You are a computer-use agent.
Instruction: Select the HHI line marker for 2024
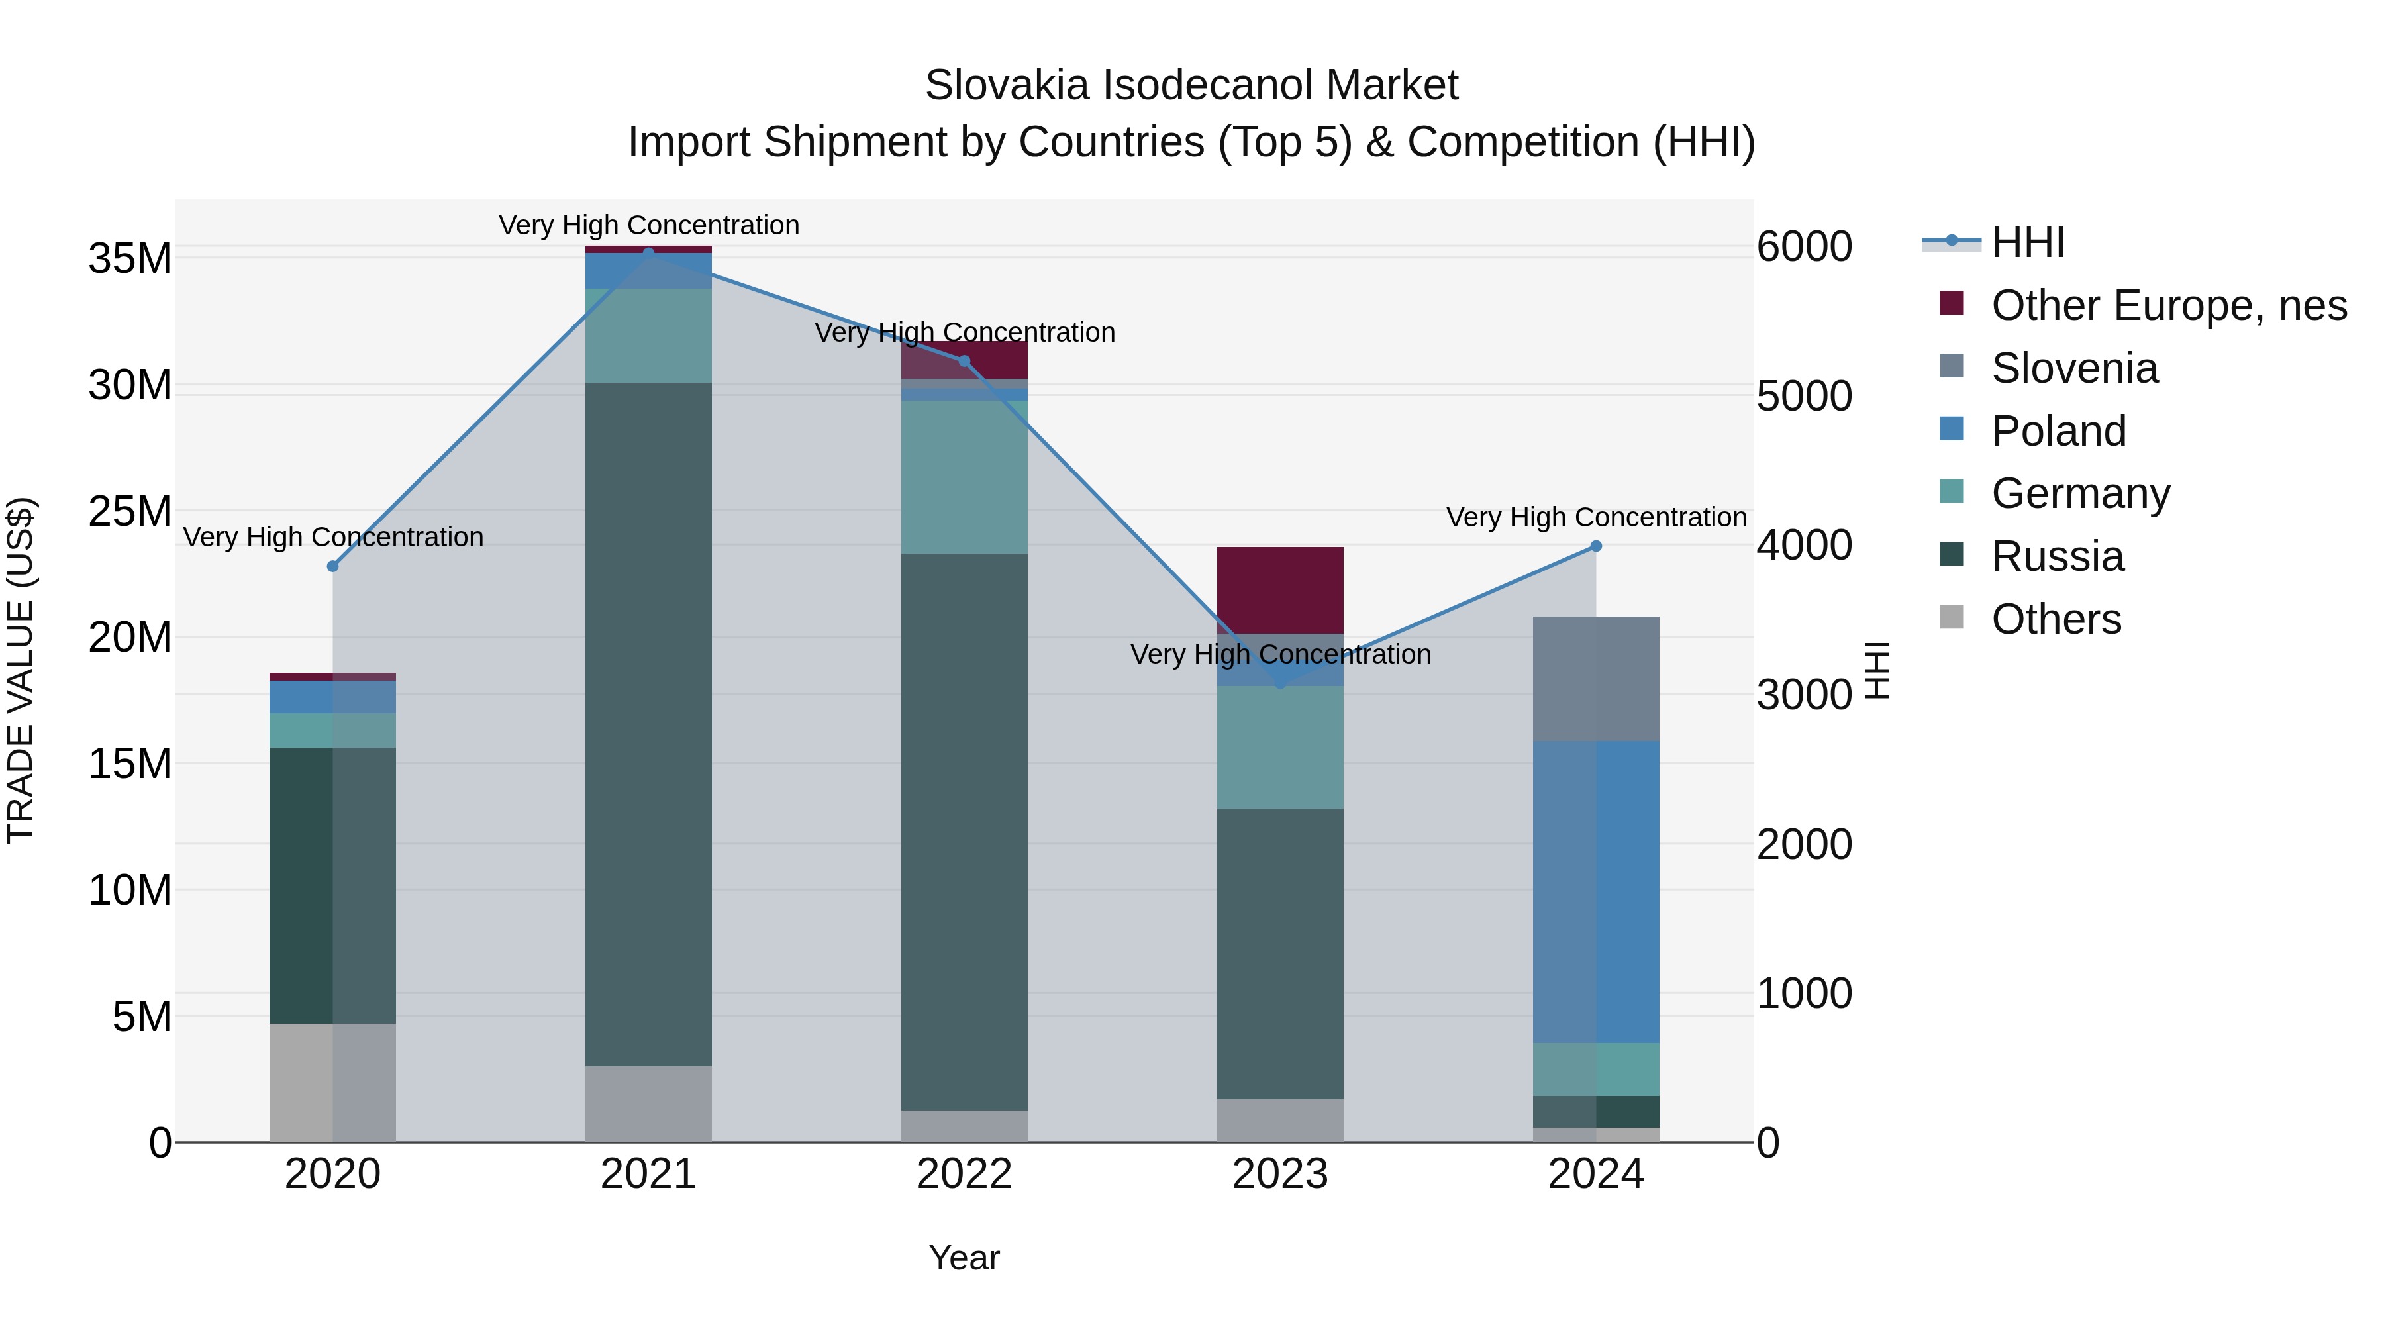coord(1595,546)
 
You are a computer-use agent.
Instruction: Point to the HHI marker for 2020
coord(333,566)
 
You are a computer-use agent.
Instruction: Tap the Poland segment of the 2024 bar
coord(1595,891)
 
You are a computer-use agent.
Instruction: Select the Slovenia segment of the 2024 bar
coord(1595,678)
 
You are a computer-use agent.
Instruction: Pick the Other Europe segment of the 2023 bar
coord(1280,589)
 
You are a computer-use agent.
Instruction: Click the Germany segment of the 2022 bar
coord(964,477)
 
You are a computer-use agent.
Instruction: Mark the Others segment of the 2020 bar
coord(333,1082)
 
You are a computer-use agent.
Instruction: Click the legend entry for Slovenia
coord(2074,368)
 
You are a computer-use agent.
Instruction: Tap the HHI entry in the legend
coord(2027,242)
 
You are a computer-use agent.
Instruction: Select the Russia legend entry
coord(2058,556)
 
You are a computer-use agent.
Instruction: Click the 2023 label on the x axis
coord(1280,1174)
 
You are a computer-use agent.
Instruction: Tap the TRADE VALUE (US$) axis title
coord(21,670)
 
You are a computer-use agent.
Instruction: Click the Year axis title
coord(964,1258)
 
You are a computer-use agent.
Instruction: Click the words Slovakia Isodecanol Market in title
coord(1191,85)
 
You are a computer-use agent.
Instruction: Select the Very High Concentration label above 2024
coord(1595,517)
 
